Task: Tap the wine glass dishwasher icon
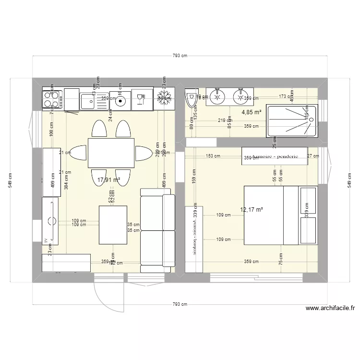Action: click(141, 99)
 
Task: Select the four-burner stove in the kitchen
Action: click(51, 99)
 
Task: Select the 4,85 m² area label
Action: click(251, 112)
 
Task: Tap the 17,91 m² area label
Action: click(108, 180)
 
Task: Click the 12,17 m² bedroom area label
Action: click(251, 209)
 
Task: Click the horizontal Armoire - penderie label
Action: click(275, 156)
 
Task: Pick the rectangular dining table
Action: click(111, 153)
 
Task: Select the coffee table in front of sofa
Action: click(113, 225)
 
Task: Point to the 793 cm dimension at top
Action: click(180, 56)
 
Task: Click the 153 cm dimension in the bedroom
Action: click(214, 156)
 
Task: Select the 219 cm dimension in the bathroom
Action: click(222, 120)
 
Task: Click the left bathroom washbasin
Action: click(217, 96)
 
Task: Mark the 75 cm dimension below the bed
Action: click(280, 259)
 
